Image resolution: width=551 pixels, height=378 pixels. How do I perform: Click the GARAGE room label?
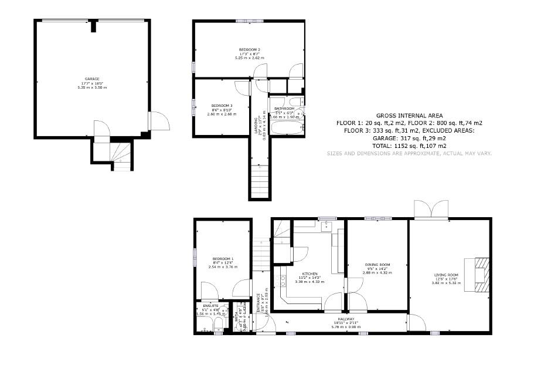pos(92,79)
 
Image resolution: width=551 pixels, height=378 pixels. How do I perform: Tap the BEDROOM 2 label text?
pos(250,49)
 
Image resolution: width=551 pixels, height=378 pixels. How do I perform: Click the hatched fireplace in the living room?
pos(479,274)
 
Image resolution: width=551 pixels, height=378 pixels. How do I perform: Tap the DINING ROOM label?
pos(376,265)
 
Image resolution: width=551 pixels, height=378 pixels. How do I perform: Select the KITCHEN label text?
pos(309,274)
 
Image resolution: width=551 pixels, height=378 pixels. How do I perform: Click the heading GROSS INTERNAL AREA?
pos(409,116)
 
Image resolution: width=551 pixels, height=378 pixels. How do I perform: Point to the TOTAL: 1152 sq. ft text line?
pos(409,146)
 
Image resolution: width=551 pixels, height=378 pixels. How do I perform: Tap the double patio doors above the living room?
pos(431,209)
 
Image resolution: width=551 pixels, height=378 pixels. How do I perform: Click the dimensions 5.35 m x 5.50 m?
pos(92,87)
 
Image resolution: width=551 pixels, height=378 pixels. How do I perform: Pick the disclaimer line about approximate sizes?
pos(409,153)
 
